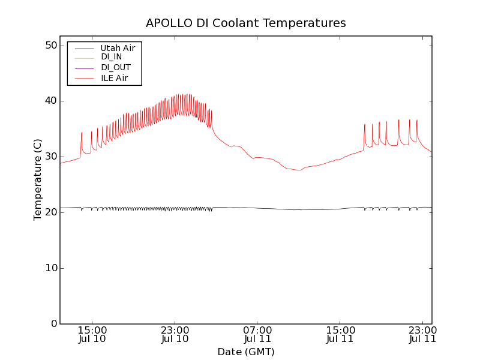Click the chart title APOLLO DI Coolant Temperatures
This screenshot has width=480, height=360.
click(246, 23)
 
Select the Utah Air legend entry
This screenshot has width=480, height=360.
click(118, 48)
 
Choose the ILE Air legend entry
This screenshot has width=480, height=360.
click(114, 78)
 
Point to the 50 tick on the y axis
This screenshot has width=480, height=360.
click(50, 46)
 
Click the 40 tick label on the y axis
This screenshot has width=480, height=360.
click(50, 101)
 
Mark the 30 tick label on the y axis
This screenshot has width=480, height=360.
click(50, 157)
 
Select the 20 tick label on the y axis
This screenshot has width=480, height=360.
click(50, 212)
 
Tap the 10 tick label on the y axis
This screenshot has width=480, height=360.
click(50, 268)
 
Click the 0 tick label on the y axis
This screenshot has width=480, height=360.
click(53, 324)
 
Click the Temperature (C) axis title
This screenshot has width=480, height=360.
click(38, 179)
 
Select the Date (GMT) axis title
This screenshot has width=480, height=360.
click(246, 352)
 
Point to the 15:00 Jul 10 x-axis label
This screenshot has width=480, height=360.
click(92, 334)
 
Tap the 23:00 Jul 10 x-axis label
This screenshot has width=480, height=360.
click(175, 334)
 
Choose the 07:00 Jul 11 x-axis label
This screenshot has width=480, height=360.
click(257, 334)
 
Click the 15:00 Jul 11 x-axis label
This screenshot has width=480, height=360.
click(340, 334)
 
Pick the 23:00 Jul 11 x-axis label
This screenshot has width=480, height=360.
click(422, 334)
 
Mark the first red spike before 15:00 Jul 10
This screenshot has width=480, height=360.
click(82, 133)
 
